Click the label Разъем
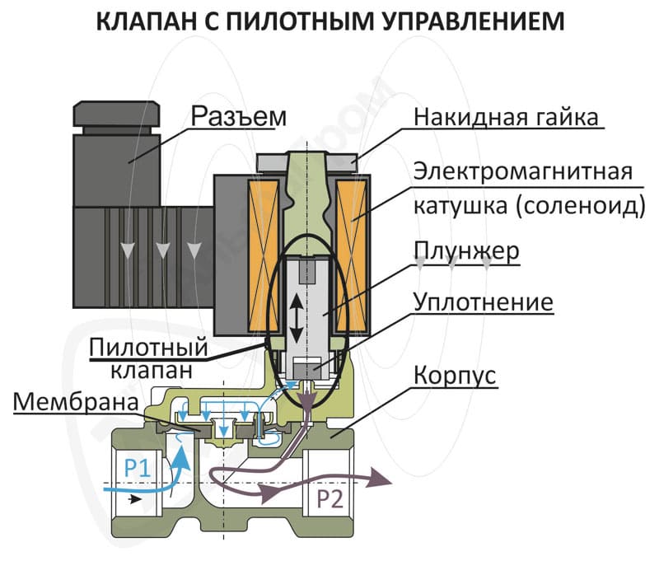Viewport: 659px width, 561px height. [239, 116]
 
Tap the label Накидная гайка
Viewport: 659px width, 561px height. [506, 116]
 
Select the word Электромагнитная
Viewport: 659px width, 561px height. [523, 171]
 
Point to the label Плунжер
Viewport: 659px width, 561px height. [466, 251]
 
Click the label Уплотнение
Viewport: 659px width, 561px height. [484, 302]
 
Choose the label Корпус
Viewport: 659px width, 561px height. [455, 375]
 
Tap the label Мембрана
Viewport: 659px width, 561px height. [76, 402]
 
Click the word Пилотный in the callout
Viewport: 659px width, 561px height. [149, 347]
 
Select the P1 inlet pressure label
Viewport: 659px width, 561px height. [138, 467]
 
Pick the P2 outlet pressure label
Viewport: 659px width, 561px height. [329, 499]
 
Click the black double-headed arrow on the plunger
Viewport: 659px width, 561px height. [297, 317]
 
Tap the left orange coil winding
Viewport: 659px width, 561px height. [264, 255]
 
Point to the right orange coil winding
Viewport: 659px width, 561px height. [351, 255]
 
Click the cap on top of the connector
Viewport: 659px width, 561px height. [117, 114]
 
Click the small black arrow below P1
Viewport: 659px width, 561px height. [135, 500]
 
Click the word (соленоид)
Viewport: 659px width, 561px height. [580, 206]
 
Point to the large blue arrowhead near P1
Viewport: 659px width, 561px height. [182, 457]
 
